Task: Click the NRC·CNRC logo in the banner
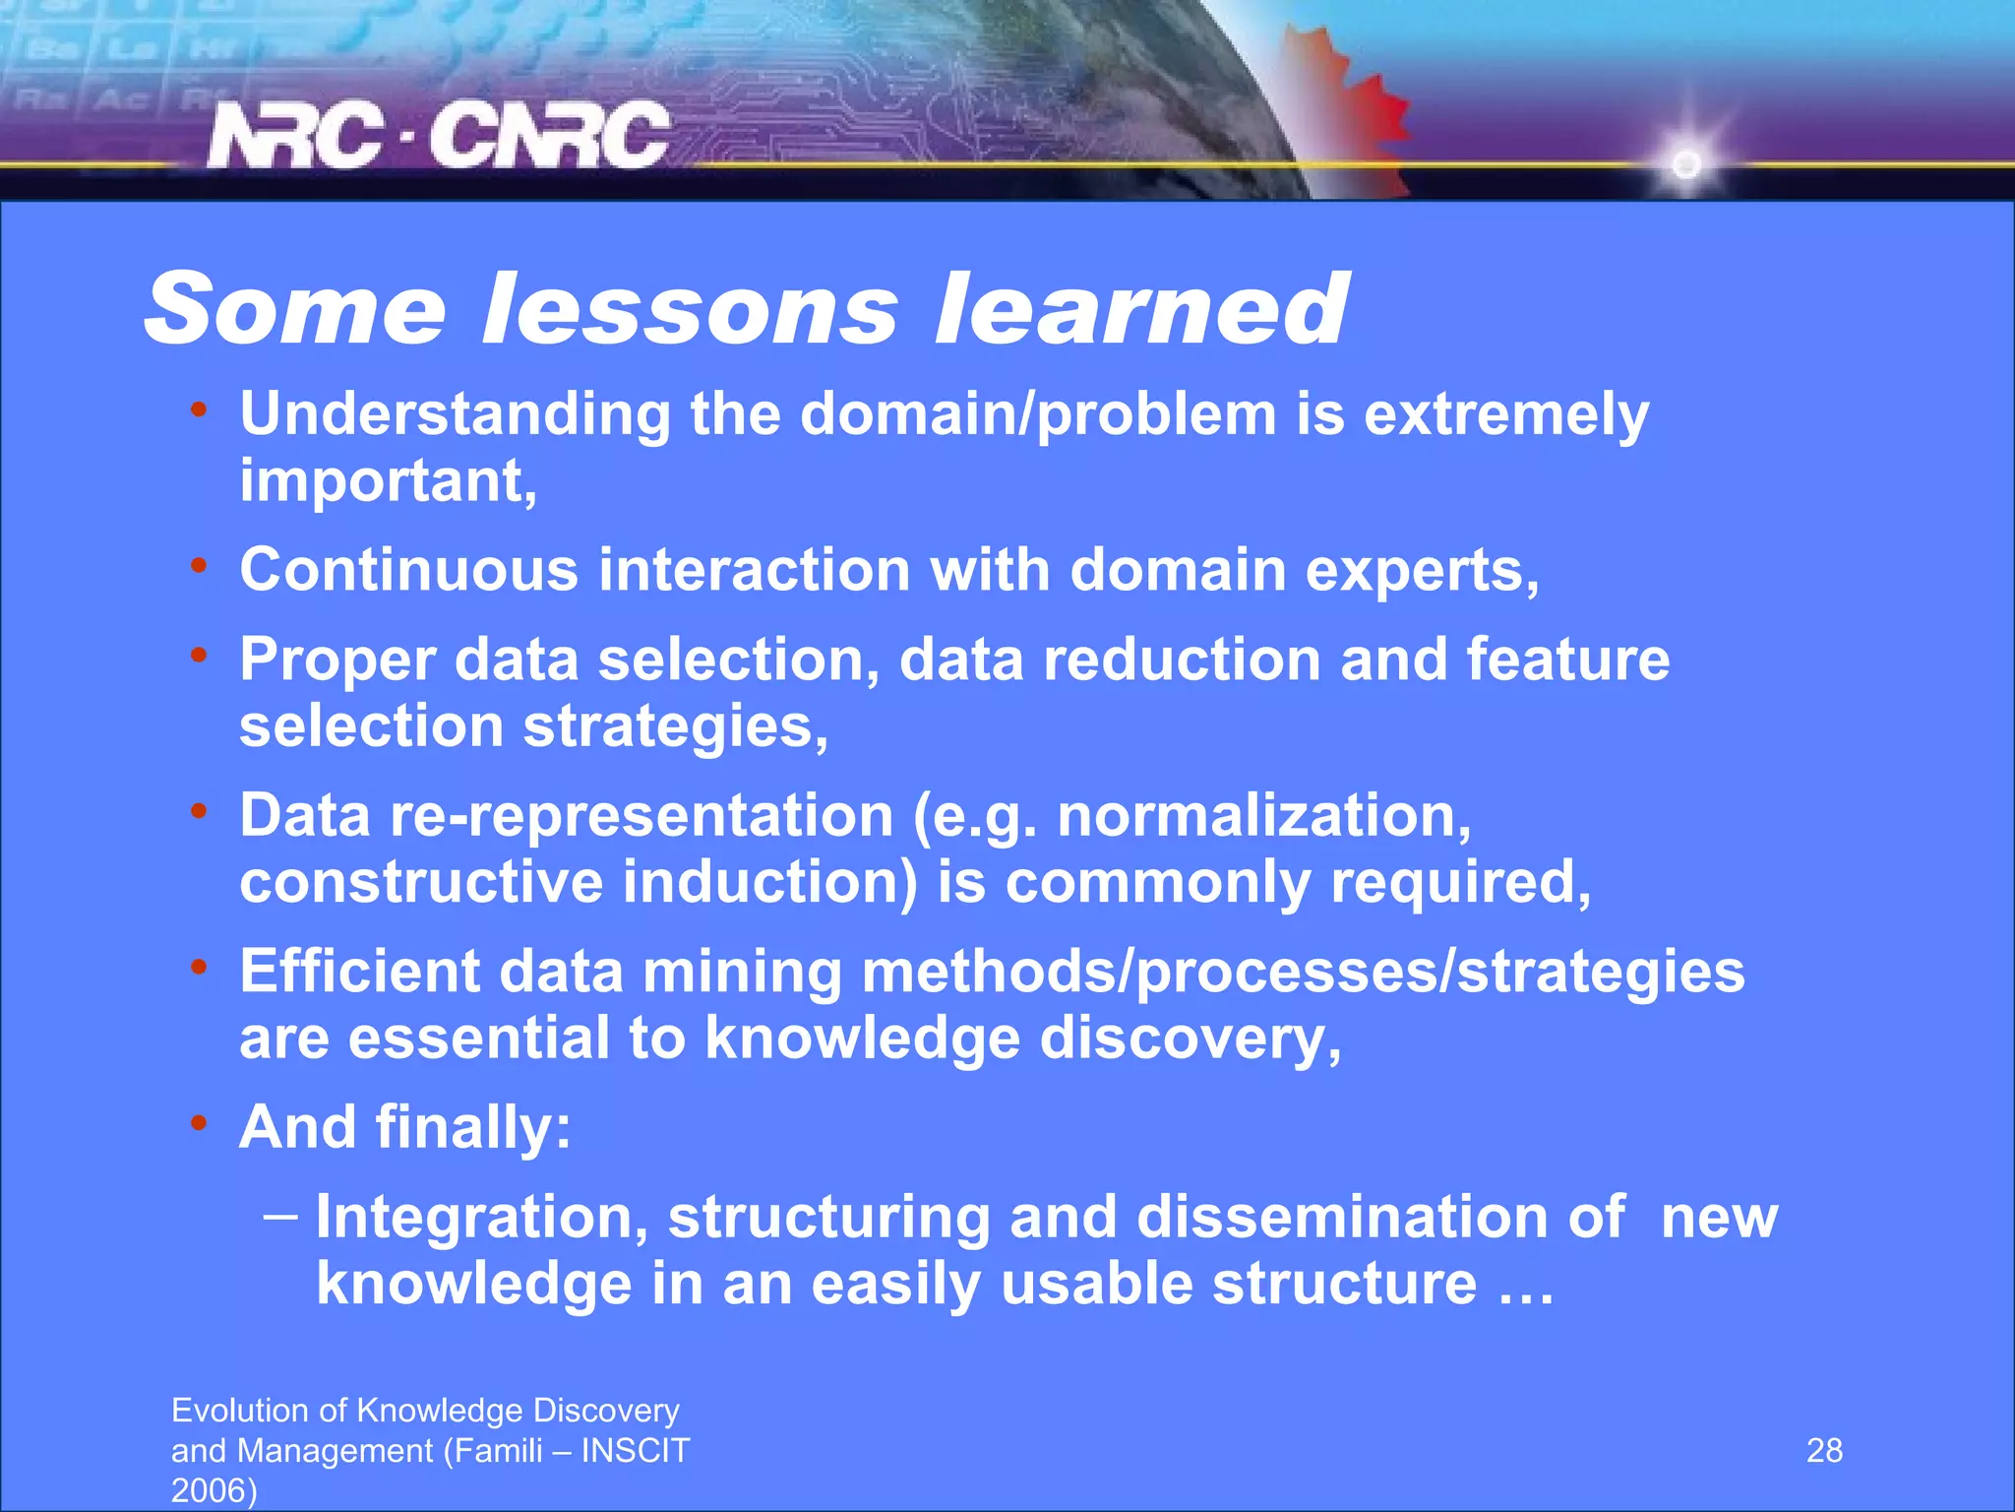tap(438, 136)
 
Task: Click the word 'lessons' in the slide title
tap(689, 309)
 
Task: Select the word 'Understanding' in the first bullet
tap(455, 413)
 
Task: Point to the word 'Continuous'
tap(409, 570)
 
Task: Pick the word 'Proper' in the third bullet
tap(336, 660)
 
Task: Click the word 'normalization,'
tap(1263, 816)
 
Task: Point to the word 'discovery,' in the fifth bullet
tap(1190, 1039)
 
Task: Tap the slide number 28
tap(1824, 1450)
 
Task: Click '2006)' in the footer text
tap(214, 1490)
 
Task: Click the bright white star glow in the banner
tap(1686, 163)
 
